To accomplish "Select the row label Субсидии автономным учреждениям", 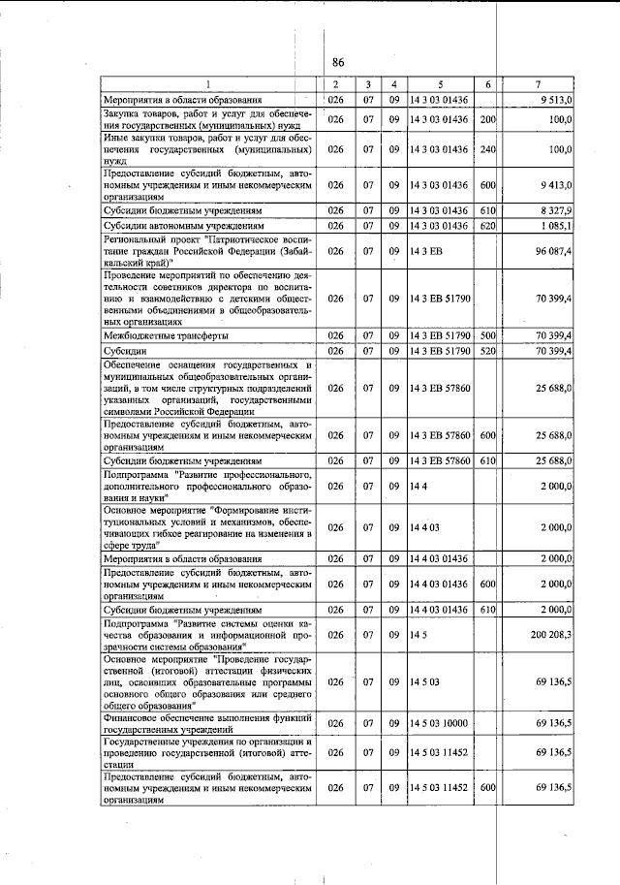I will click(179, 225).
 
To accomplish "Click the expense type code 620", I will click(487, 225).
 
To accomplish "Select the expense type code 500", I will click(487, 334).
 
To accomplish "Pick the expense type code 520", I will click(487, 350).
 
